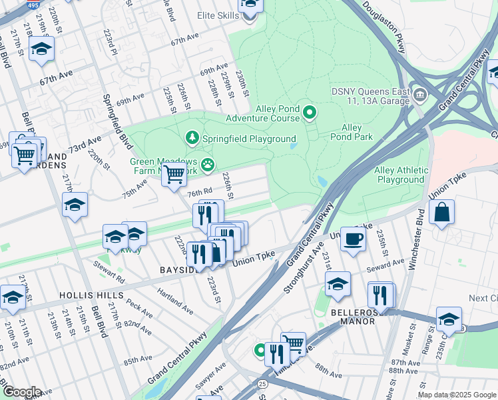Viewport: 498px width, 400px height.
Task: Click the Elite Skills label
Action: click(x=218, y=15)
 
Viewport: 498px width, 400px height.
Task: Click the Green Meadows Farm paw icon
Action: click(x=208, y=163)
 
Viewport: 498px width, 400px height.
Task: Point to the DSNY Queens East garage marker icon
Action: click(x=420, y=93)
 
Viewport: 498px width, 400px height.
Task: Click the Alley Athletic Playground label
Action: click(x=401, y=175)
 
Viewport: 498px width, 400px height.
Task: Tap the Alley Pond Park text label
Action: click(x=351, y=132)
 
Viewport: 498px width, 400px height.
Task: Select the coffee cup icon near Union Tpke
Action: click(x=353, y=239)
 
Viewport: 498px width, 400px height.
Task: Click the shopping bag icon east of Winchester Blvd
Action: click(x=441, y=213)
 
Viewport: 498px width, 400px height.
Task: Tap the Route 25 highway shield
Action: click(x=263, y=384)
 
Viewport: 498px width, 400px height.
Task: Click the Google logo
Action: click(x=21, y=392)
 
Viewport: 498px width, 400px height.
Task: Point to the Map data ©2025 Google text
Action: click(x=457, y=395)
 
